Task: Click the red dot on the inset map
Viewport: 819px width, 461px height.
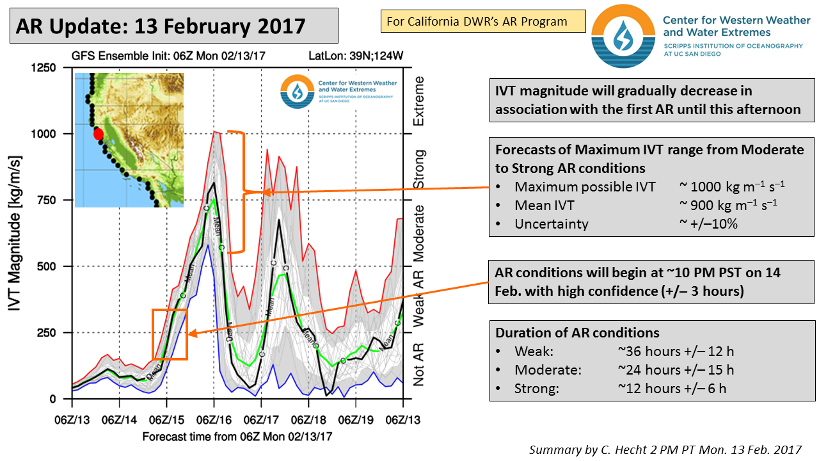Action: (x=98, y=134)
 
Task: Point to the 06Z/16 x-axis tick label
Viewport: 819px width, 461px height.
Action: (x=214, y=420)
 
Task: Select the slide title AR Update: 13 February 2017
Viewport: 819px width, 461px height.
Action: (x=161, y=26)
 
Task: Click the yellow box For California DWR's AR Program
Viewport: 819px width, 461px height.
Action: (x=483, y=21)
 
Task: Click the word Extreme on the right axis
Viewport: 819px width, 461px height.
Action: (x=419, y=101)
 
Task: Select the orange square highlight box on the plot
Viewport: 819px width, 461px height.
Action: (x=170, y=334)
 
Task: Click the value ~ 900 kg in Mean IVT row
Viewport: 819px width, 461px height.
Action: (x=732, y=206)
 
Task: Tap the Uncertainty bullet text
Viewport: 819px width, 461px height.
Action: (x=551, y=224)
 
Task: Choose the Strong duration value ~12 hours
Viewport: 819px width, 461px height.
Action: (x=671, y=388)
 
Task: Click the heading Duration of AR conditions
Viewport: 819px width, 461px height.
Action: (x=577, y=333)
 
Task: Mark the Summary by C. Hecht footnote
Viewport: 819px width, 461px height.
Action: (x=665, y=449)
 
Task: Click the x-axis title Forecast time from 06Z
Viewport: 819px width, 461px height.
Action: (x=237, y=436)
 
